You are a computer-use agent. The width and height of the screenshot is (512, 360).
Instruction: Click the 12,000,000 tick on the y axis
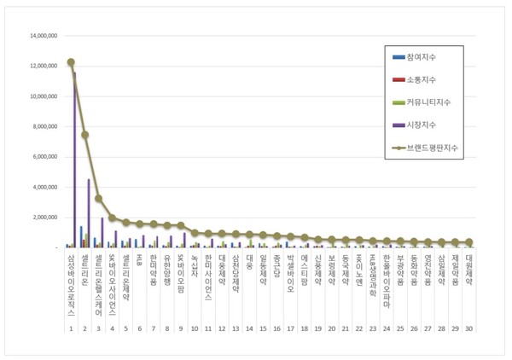coord(42,67)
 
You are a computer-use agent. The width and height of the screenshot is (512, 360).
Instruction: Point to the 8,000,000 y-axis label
coord(44,127)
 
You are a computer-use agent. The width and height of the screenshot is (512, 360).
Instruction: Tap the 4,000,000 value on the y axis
coord(44,187)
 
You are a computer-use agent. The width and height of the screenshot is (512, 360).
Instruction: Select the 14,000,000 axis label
coord(42,37)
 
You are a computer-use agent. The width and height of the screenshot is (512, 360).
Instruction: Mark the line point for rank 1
coord(71,62)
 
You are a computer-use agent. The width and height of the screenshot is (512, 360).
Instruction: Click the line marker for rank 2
coord(84,135)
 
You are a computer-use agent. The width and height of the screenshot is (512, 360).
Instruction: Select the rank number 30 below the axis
coord(469,328)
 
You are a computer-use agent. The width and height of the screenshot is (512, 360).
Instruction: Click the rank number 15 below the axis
coord(263,328)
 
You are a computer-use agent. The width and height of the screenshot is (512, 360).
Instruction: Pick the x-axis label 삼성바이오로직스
coord(71,282)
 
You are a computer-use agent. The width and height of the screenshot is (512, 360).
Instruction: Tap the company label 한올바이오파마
coord(387,280)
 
